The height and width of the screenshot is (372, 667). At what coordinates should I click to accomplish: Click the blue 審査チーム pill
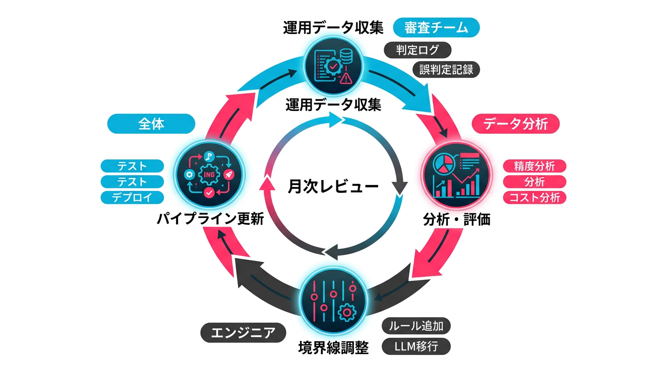[x=436, y=28]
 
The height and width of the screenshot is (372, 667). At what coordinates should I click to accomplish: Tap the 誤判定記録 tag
[x=446, y=69]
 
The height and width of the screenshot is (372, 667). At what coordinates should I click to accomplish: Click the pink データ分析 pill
[x=515, y=124]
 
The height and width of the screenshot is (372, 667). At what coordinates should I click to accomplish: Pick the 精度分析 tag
[x=534, y=166]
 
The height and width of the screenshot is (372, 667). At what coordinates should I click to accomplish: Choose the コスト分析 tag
[x=534, y=198]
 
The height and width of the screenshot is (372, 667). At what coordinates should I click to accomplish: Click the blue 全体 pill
[x=151, y=124]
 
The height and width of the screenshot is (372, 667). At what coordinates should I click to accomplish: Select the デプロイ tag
[x=132, y=198]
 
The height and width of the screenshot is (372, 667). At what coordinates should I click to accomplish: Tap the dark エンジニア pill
[x=243, y=333]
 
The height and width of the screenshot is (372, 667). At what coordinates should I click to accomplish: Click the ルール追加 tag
[x=416, y=326]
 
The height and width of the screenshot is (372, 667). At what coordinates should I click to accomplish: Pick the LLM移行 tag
[x=416, y=347]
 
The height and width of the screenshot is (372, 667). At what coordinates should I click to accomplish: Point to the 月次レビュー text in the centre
[x=333, y=186]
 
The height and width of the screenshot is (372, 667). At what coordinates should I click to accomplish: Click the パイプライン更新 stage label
[x=210, y=219]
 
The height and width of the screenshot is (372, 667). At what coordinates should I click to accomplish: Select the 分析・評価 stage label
[x=457, y=219]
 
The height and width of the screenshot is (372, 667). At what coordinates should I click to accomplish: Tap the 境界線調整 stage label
[x=333, y=348]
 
